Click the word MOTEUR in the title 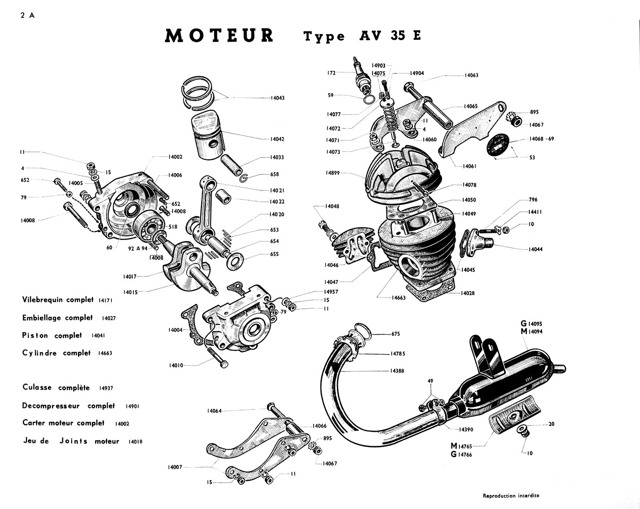coord(219,36)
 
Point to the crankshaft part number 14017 coord(130,277)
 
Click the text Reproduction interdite coord(511,495)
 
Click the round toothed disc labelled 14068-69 coord(498,147)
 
